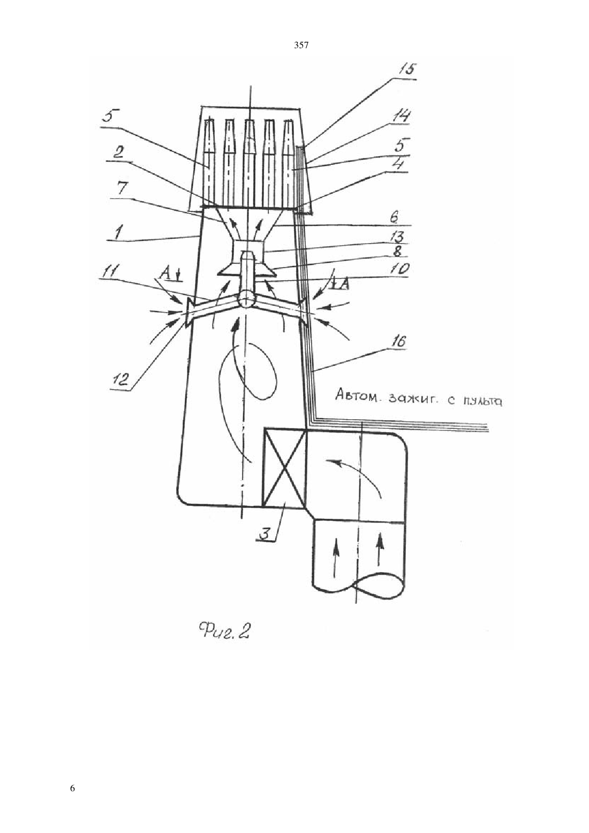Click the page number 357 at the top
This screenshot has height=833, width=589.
[301, 46]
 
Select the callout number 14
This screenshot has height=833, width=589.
[399, 116]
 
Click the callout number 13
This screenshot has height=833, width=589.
[400, 237]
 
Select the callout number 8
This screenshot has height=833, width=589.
[399, 252]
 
